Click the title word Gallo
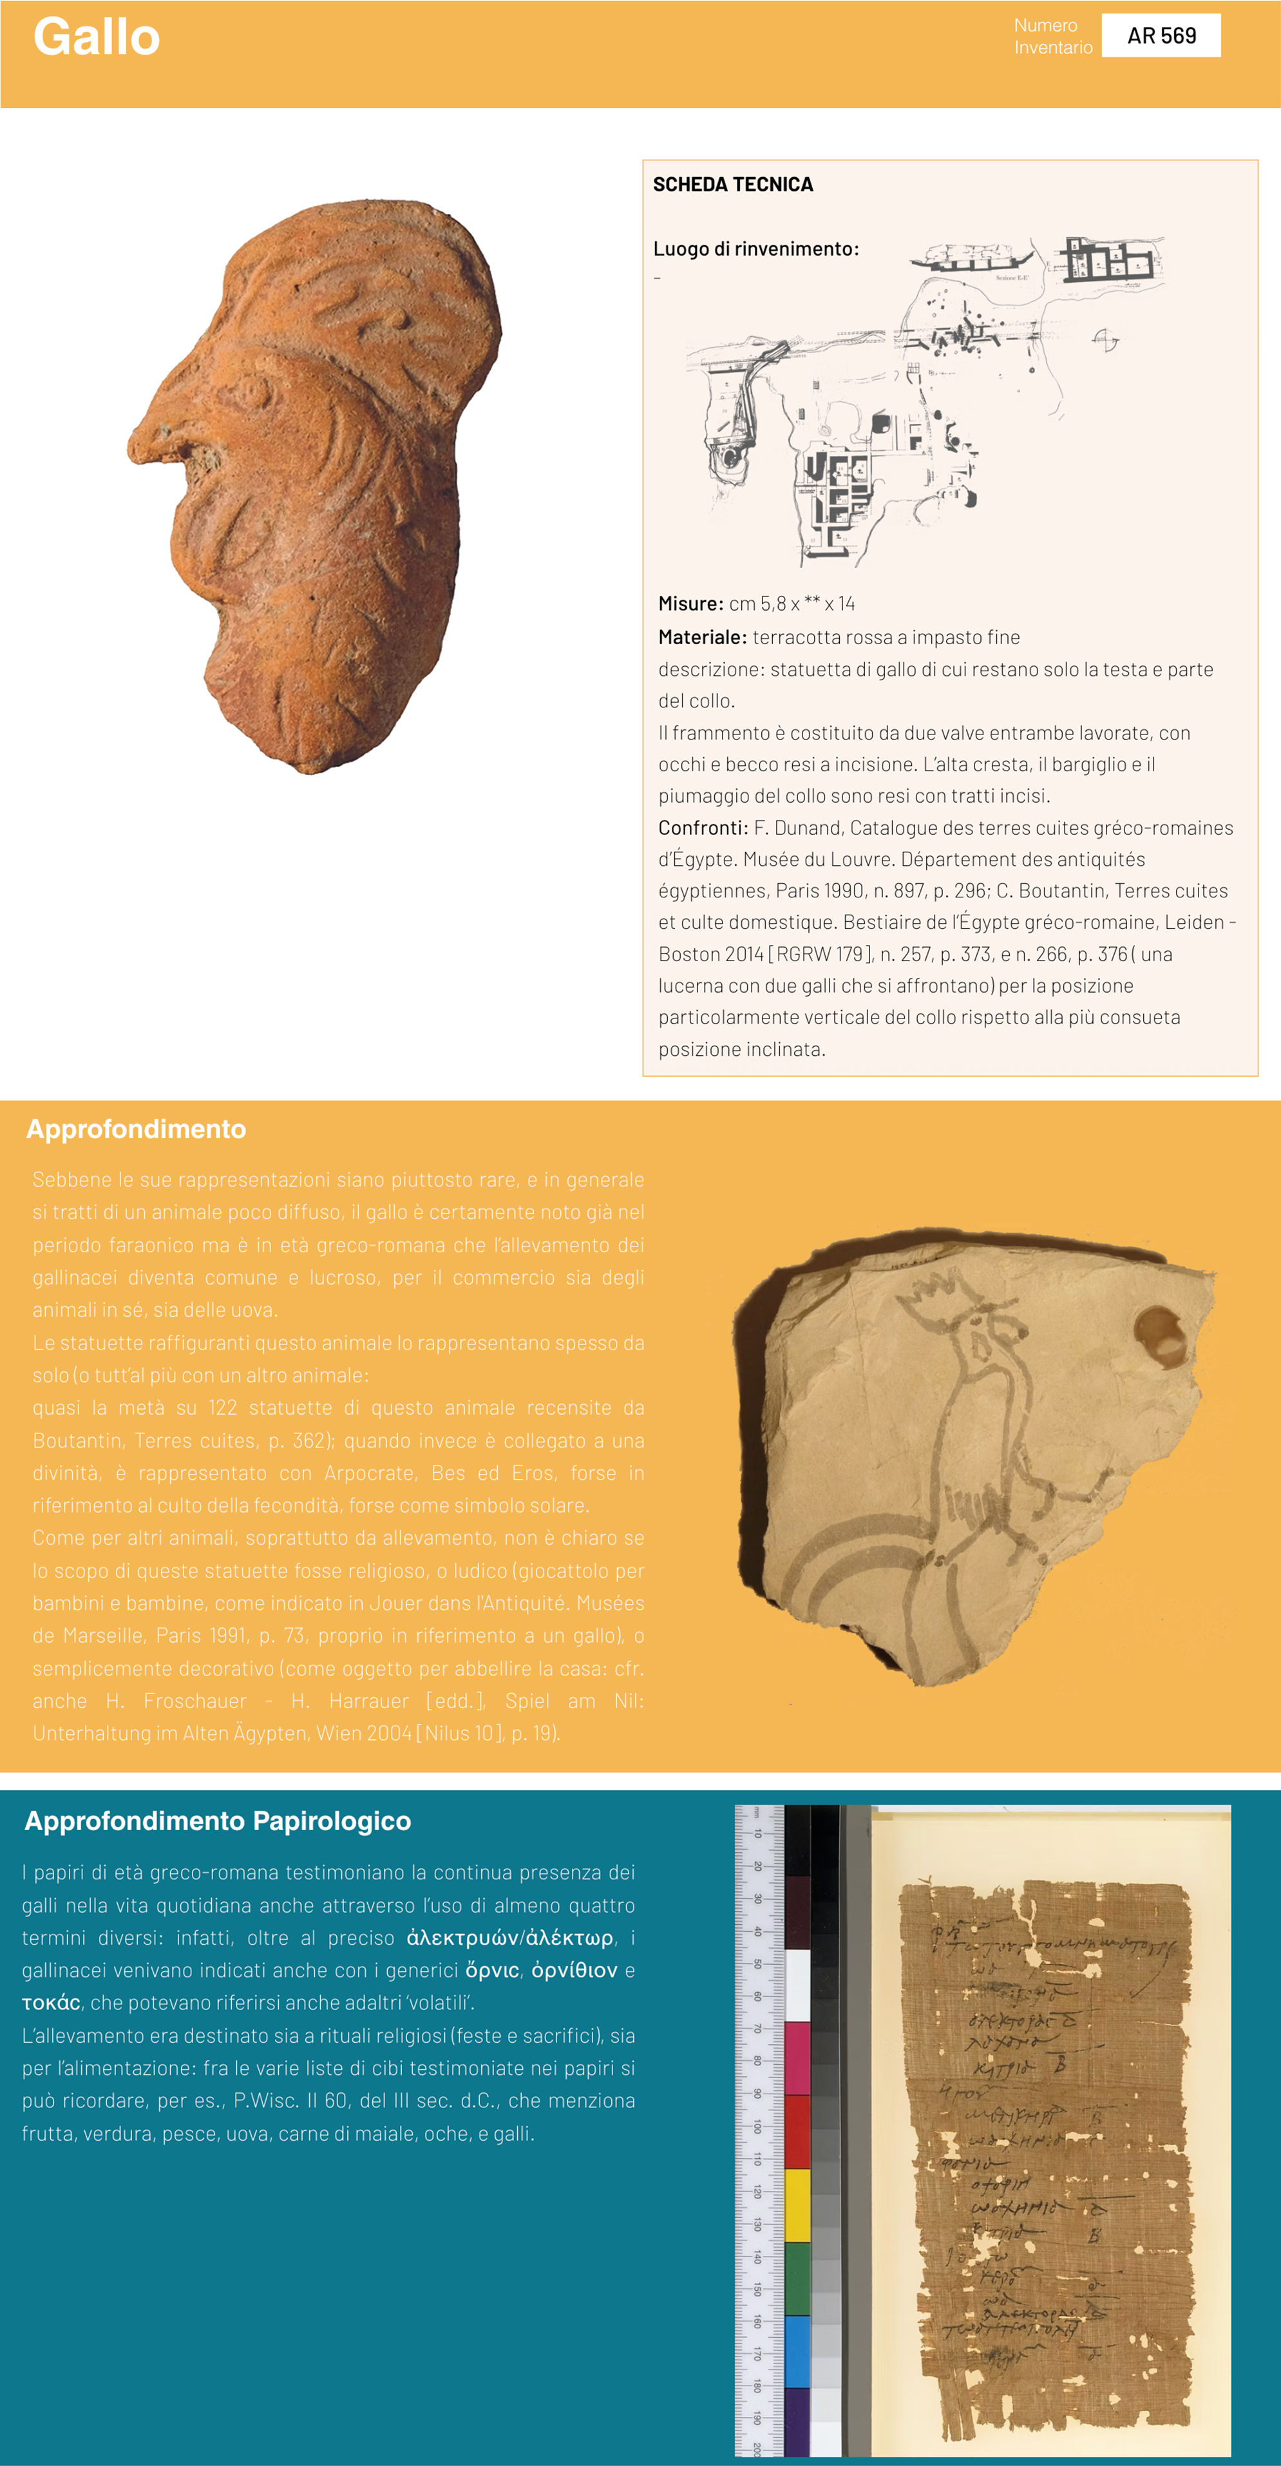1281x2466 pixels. coord(97,38)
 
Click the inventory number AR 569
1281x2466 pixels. coord(1161,36)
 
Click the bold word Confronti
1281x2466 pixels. coord(703,828)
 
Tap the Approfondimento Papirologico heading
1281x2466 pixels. coord(218,1821)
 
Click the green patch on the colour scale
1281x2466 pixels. coord(797,2279)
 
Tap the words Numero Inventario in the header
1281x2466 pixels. coord(1052,36)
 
